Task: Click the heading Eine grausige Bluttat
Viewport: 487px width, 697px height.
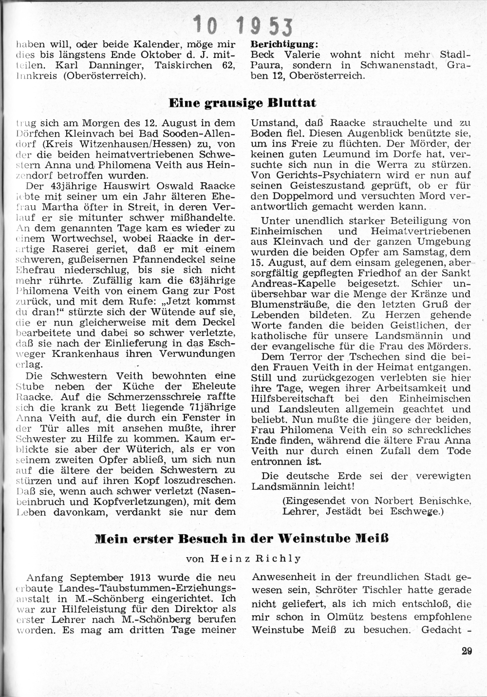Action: [x=242, y=103]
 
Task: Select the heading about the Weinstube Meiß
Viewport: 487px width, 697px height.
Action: [x=242, y=540]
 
